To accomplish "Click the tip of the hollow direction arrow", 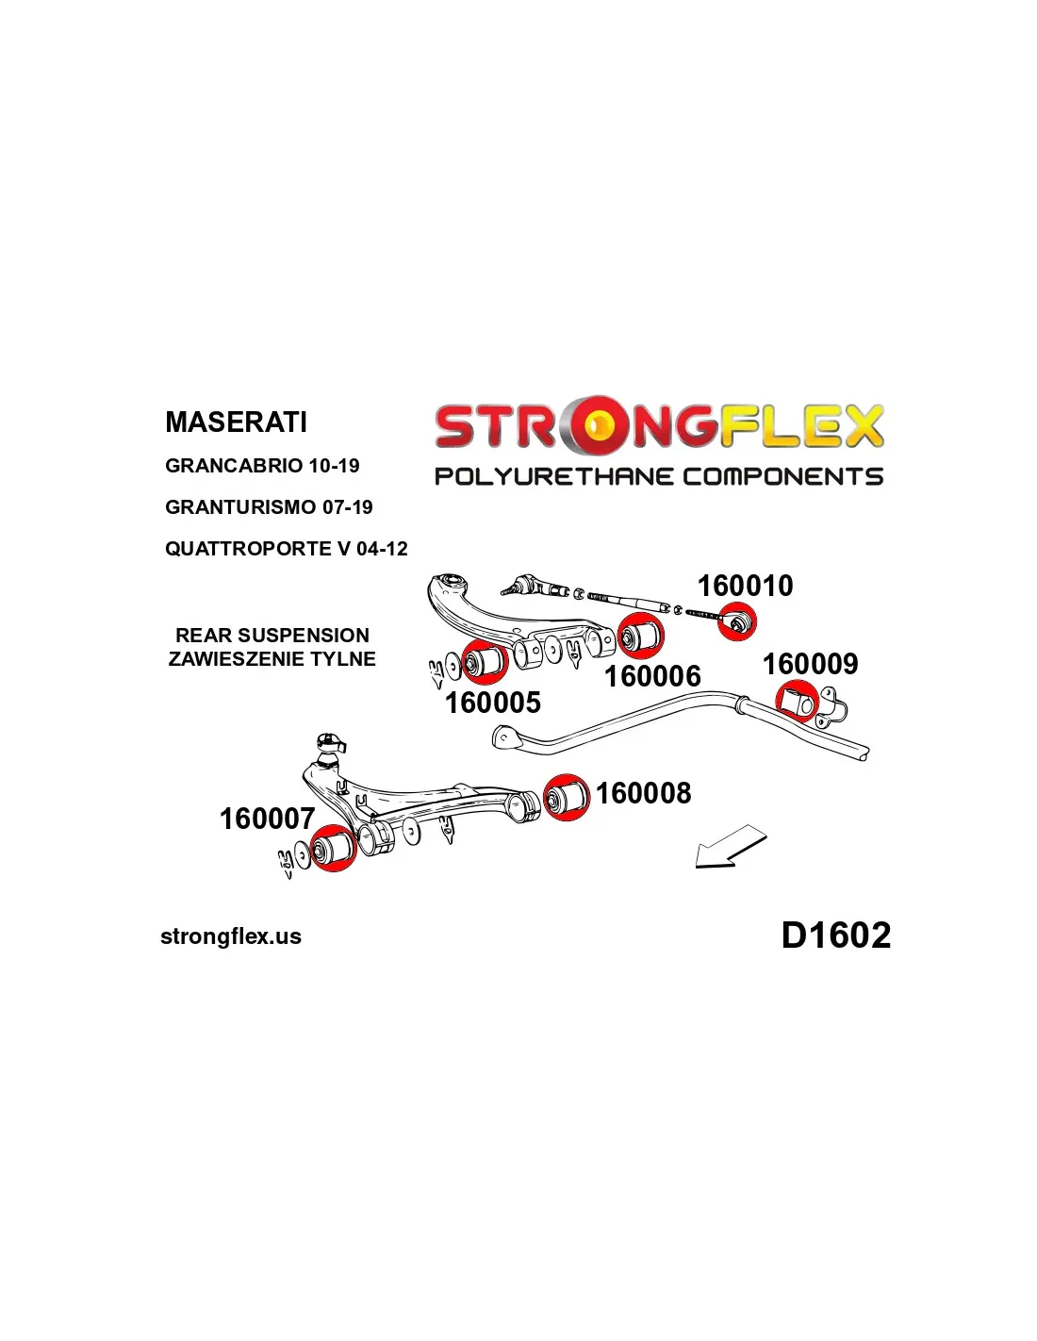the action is (x=696, y=867).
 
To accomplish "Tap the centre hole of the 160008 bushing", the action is (x=552, y=800).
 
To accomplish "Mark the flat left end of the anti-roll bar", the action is (x=501, y=737).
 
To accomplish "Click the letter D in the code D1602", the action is (x=796, y=935).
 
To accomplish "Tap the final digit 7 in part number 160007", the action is (x=306, y=819).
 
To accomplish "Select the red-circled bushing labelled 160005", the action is (x=485, y=661).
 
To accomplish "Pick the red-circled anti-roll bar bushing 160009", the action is (x=797, y=701).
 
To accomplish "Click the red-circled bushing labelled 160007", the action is (x=334, y=848).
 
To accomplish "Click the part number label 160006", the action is (x=652, y=676).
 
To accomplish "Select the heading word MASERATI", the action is (x=236, y=422).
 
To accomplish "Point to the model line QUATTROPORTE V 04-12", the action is (x=287, y=548).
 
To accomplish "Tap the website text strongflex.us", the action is (x=231, y=936).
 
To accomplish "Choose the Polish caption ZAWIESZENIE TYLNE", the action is (x=272, y=658).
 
